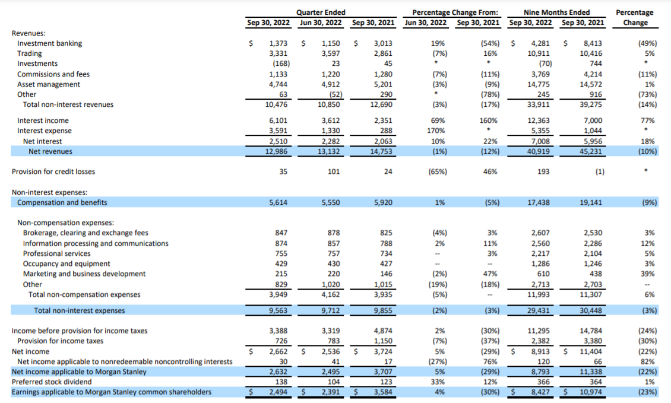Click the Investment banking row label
(50, 43)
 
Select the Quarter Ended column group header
(321, 12)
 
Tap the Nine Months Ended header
(556, 12)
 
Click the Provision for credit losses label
(53, 172)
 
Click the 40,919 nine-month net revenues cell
(540, 151)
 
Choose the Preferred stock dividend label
(52, 382)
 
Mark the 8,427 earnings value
(540, 392)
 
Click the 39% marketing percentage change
(648, 274)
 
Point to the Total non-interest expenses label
(80, 310)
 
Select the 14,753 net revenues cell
(381, 151)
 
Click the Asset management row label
(49, 84)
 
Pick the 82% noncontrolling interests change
(648, 361)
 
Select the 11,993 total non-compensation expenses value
(540, 294)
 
